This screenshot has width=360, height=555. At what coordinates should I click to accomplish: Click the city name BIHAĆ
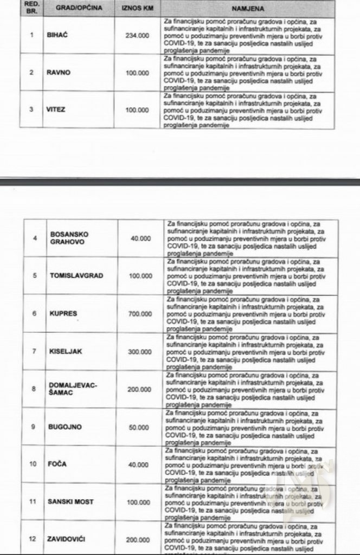[x=56, y=35]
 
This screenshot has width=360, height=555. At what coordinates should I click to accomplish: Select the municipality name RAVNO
[x=57, y=72]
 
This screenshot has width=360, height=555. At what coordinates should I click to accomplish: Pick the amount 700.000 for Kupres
[x=141, y=313]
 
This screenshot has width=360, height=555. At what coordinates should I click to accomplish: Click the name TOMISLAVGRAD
[x=76, y=275]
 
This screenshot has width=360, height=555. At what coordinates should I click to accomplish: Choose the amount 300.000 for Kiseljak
[x=141, y=351]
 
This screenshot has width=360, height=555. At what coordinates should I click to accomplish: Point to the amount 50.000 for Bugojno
[x=143, y=427]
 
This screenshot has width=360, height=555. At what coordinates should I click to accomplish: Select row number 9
[x=35, y=427]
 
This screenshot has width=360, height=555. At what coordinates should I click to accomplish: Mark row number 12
[x=35, y=540]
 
